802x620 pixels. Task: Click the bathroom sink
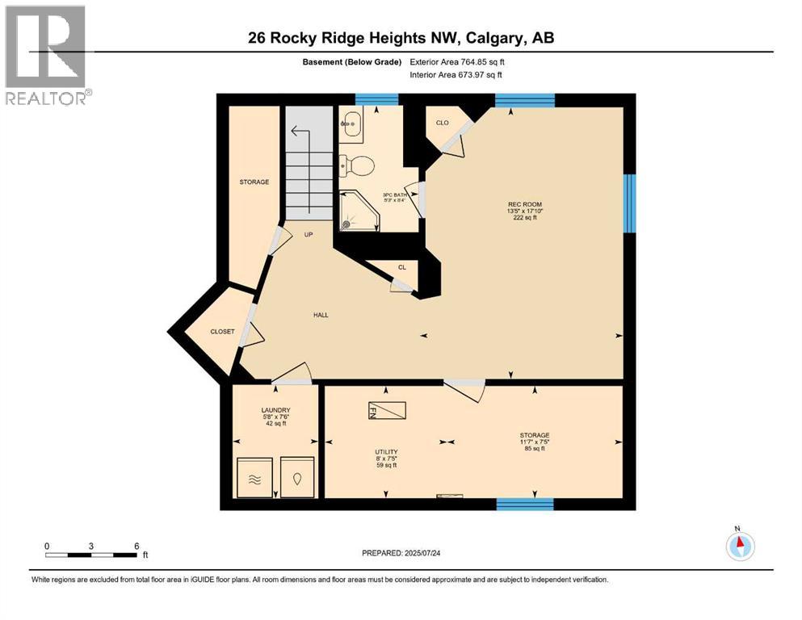(352, 124)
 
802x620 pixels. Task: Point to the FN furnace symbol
(387, 411)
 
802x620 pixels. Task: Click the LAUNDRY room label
(275, 410)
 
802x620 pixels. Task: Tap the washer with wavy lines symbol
(254, 477)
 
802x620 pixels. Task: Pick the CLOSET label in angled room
(222, 331)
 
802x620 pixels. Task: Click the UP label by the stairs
(308, 235)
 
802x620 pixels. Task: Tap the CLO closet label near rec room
(442, 123)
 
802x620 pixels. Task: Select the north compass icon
(739, 545)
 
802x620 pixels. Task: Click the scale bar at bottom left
(90, 555)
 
